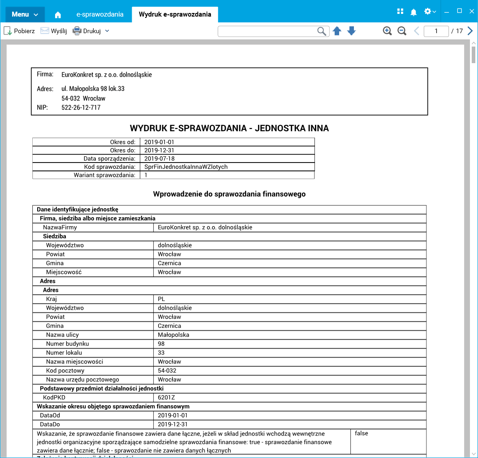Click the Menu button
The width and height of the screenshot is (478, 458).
pos(25,14)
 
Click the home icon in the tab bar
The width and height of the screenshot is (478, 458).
pos(58,15)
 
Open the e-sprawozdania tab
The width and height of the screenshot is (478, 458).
pos(100,14)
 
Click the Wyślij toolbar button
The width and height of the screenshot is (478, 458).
pos(54,31)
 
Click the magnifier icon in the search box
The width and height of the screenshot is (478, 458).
pos(322,31)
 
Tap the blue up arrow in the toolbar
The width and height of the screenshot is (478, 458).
pos(337,31)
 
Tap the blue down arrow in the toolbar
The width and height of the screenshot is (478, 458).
pos(352,31)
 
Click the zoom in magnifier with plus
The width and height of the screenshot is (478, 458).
pos(388,31)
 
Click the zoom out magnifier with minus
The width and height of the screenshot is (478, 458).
pos(402,31)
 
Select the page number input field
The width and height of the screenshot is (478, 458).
pos(436,31)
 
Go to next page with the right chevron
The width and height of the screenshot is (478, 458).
pos(470,31)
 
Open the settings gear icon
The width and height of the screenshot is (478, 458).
pos(428,12)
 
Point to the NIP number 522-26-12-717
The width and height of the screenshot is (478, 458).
pos(81,107)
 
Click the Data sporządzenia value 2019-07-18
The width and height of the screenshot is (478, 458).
pos(159,158)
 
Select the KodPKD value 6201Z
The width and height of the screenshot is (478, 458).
pos(166,398)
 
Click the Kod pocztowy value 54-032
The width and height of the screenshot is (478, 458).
pos(167,371)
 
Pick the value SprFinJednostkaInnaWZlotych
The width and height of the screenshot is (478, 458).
pos(186,167)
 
